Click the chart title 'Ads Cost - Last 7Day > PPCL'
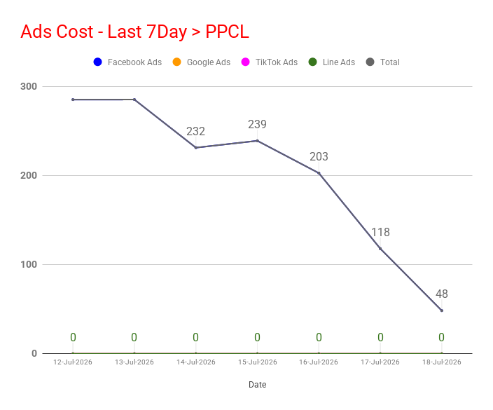pos(135,32)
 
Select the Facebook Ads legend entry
pos(127,62)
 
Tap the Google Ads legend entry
pos(202,62)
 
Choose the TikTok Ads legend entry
pos(270,62)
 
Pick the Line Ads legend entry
pos(332,62)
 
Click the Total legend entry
pos(383,62)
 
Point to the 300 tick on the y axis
pos(29,86)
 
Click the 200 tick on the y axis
pos(29,176)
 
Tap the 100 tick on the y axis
pos(29,265)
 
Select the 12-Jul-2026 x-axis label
pos(73,362)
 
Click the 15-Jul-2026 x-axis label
pos(258,362)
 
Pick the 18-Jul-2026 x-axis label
pos(442,362)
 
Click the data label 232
pos(195,132)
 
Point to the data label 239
pos(257,125)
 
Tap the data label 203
pos(319,157)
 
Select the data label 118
pos(380,233)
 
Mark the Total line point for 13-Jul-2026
pos(134,100)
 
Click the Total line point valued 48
pos(442,310)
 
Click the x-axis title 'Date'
pos(258,385)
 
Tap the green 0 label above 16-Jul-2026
pos(319,338)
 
